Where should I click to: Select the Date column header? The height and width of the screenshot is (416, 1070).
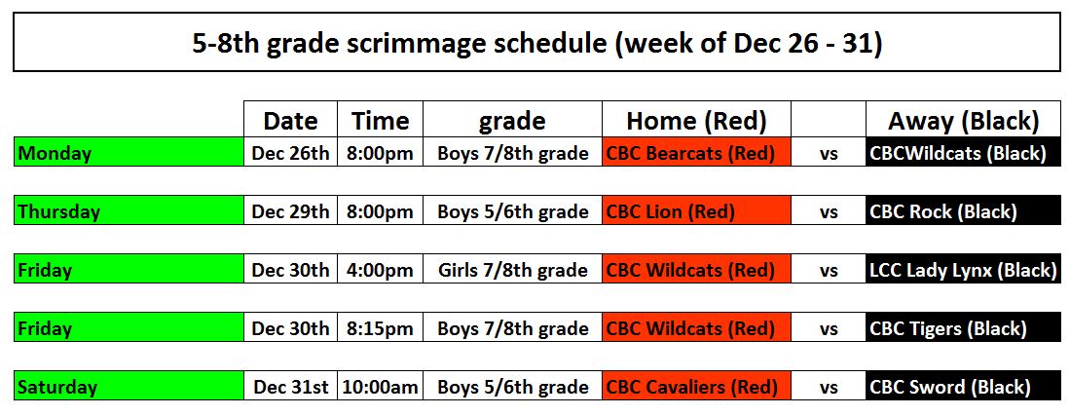[x=291, y=120]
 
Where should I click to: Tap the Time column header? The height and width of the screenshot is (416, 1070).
[x=380, y=120]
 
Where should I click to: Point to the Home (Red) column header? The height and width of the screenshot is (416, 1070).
[x=697, y=120]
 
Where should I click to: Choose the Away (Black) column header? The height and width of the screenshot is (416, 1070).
[x=964, y=120]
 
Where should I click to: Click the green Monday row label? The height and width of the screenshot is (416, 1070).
[x=129, y=152]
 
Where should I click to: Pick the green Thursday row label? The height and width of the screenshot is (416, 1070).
[x=129, y=211]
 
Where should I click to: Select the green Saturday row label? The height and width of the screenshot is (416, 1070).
[x=129, y=387]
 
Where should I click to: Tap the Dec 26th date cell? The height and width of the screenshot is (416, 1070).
[x=291, y=152]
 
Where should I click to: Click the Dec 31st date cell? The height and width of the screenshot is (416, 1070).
[x=291, y=387]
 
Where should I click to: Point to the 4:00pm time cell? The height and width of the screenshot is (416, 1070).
[x=380, y=270]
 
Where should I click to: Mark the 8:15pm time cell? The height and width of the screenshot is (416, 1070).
[x=380, y=328]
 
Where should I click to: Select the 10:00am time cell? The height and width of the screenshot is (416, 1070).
[x=380, y=387]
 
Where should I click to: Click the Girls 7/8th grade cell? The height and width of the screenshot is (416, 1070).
[x=512, y=270]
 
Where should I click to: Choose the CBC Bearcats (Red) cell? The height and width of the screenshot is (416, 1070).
[x=697, y=152]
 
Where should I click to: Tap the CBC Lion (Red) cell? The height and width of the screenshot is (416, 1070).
[x=697, y=211]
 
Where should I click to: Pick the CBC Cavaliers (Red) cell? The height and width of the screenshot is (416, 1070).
[x=697, y=387]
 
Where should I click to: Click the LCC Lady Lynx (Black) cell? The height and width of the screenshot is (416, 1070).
[x=964, y=270]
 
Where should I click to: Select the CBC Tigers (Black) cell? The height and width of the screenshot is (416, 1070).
[x=964, y=328]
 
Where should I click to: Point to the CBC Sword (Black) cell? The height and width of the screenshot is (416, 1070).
[x=964, y=387]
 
